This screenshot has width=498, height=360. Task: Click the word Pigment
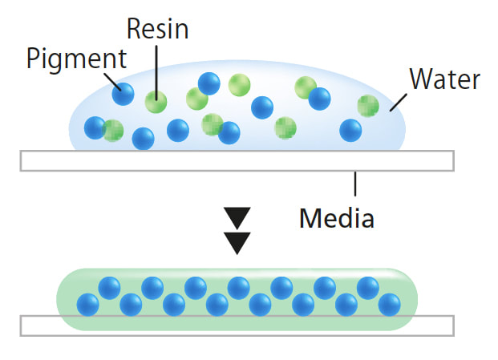76,59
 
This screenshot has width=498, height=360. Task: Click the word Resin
157,29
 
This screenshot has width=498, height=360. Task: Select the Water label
444,79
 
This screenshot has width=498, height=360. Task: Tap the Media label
337,218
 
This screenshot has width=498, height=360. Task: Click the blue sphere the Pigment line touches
123,94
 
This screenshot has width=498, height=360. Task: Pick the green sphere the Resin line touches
156,102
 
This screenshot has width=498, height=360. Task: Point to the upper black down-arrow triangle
237,218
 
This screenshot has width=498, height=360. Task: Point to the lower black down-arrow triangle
237,243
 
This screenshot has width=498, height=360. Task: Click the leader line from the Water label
399,102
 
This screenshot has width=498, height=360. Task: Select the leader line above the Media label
355,184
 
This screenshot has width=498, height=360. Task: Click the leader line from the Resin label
156,73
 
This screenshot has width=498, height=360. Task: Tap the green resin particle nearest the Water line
368,106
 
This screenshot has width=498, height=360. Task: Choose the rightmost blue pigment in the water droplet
350,130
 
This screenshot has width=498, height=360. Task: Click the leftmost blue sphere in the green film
87,305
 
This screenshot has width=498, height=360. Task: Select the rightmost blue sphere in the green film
390,305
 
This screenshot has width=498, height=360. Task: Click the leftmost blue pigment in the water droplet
95,127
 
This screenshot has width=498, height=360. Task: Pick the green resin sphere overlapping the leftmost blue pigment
113,131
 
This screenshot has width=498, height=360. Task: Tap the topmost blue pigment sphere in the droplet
209,83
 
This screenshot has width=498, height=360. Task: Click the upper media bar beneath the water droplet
237,161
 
